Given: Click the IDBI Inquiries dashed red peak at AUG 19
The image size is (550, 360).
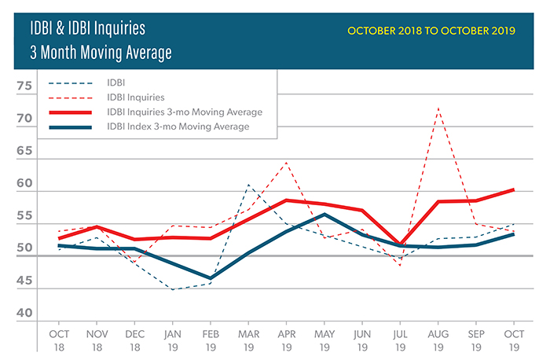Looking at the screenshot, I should (438, 108).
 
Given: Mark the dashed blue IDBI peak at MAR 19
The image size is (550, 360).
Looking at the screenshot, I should (248, 186).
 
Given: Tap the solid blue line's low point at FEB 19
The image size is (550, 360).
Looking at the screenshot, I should (211, 278).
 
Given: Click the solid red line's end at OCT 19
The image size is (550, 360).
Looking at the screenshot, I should (513, 189).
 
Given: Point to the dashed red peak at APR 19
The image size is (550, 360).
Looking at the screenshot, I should (286, 163).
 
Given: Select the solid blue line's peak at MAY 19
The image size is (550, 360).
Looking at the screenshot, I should (324, 215).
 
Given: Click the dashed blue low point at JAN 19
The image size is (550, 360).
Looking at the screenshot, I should (172, 289).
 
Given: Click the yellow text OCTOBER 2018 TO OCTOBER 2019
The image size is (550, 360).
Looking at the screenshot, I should (431, 31).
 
